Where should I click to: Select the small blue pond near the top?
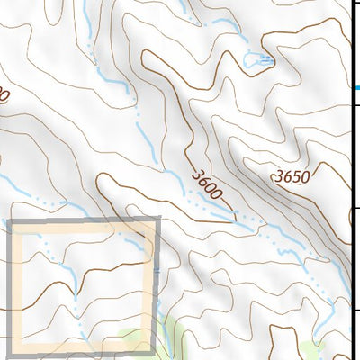coord(255,61)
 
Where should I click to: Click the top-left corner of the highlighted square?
coord(11,221)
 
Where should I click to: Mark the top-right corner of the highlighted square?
coord(157,221)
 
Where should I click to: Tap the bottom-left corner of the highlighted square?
coord(11,354)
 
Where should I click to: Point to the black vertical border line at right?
coord(349,180)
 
